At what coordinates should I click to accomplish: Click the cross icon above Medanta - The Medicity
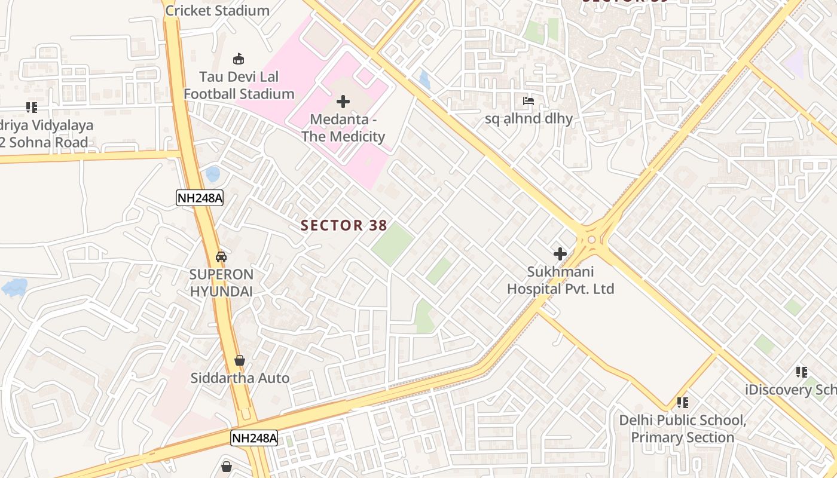click(x=343, y=102)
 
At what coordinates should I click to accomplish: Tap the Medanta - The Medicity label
click(x=343, y=128)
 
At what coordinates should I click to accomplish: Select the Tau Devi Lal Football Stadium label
click(x=239, y=85)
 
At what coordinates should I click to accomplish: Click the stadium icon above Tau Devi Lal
click(x=239, y=59)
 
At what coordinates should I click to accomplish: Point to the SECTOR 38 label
click(x=344, y=225)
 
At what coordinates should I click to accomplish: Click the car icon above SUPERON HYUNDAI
click(x=221, y=257)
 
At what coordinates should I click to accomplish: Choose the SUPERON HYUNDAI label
click(x=221, y=283)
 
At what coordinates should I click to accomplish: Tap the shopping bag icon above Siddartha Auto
click(x=240, y=360)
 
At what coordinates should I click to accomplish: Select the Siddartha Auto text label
click(x=240, y=378)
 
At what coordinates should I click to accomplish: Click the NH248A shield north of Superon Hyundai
click(x=200, y=198)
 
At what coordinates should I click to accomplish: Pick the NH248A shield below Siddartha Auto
click(x=255, y=438)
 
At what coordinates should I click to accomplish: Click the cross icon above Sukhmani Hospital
click(x=560, y=254)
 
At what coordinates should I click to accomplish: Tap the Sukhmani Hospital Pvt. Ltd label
click(x=560, y=280)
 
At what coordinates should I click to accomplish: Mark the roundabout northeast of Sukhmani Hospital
click(x=592, y=240)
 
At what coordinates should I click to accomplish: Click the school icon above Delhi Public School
click(x=682, y=403)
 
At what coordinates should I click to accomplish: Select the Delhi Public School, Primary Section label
click(x=682, y=428)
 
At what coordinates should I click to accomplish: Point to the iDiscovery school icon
click(x=802, y=372)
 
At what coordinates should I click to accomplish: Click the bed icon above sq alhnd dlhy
click(x=529, y=101)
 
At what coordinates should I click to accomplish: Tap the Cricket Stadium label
click(x=217, y=10)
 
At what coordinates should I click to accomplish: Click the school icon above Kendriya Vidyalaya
click(x=32, y=108)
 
